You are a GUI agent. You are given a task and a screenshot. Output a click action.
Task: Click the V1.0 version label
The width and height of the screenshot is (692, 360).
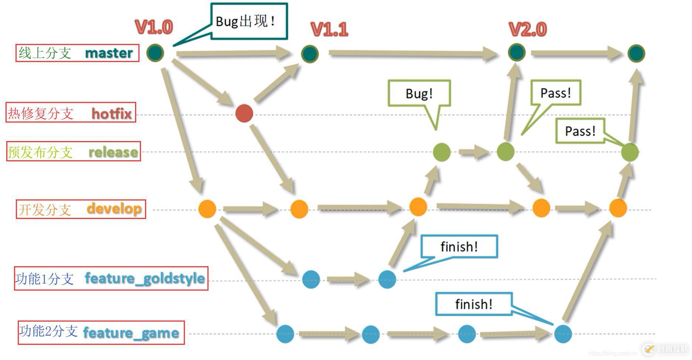click(154, 27)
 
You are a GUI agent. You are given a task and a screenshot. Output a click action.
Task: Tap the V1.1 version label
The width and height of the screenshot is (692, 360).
click(330, 30)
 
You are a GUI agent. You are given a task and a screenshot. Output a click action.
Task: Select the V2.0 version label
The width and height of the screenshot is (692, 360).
click(527, 30)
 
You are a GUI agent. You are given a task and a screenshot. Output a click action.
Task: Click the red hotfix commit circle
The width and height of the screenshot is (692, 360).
click(244, 113)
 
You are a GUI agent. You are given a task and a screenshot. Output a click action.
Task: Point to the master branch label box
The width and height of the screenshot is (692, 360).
click(78, 53)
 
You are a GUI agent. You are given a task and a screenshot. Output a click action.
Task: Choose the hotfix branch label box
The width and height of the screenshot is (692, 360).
click(70, 113)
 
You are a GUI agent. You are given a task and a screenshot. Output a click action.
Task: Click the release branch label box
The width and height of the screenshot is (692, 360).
click(73, 151)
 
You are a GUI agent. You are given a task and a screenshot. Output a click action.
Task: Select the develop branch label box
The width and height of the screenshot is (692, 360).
click(81, 209)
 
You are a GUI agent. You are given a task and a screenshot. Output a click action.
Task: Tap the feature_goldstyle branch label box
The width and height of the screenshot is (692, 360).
click(111, 278)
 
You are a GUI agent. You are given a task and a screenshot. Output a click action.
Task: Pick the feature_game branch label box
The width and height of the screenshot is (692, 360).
click(101, 333)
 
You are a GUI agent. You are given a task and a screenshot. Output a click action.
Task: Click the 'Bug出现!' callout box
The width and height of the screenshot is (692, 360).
click(249, 21)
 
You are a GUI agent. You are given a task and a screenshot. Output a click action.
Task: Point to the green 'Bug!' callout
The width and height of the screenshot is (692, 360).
click(419, 93)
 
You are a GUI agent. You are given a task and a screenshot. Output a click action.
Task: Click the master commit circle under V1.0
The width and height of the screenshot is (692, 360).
click(155, 53)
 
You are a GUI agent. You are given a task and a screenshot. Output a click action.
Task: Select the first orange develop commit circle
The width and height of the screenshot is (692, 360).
click(207, 209)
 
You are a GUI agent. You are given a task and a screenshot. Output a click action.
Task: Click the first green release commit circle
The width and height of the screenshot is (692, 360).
click(441, 152)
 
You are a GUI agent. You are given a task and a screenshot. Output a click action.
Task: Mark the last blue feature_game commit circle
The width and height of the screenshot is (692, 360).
click(563, 334)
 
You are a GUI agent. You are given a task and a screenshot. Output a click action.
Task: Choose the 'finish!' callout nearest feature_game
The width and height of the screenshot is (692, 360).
click(474, 304)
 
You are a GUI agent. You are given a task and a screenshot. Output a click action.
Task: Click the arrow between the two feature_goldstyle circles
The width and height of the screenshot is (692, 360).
click(349, 279)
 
